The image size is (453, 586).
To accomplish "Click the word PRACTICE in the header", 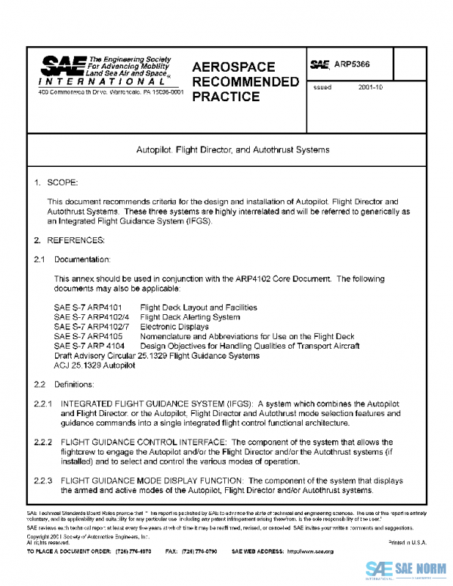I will [226, 97].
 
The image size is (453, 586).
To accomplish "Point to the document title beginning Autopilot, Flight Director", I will [233, 150].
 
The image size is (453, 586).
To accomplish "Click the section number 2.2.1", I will [42, 404].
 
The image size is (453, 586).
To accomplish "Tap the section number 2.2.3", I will [42, 480].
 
